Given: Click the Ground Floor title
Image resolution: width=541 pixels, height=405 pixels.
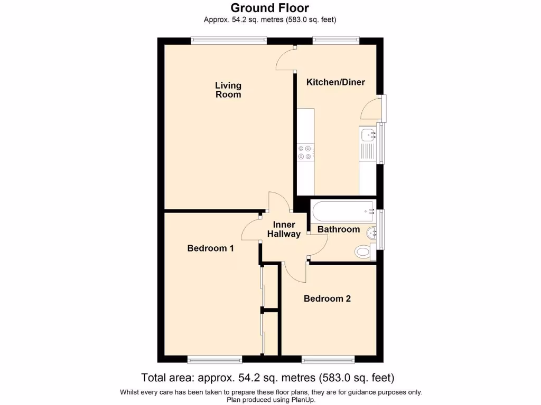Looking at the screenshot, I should [270, 8].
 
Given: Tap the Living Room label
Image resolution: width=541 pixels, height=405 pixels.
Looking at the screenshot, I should [228, 90].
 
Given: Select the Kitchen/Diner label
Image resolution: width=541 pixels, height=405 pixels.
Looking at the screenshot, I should [335, 82].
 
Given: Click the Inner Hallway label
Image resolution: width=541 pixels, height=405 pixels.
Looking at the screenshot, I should [284, 229].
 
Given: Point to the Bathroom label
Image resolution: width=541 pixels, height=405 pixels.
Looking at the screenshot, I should [338, 229].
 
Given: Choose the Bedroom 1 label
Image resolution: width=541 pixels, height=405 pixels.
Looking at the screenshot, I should [210, 248].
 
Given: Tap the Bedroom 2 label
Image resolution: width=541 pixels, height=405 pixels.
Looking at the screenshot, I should [327, 298].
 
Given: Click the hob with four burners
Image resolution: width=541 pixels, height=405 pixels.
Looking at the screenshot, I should [305, 152].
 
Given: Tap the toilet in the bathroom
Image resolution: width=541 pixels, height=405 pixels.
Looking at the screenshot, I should [363, 252].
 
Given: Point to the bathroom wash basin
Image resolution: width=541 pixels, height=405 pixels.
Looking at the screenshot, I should [374, 232].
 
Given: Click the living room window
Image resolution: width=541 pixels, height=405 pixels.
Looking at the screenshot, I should [228, 41].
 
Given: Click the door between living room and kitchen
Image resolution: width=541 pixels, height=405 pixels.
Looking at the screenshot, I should [286, 58].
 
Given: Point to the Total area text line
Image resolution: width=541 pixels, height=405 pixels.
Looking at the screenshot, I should [267, 378].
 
